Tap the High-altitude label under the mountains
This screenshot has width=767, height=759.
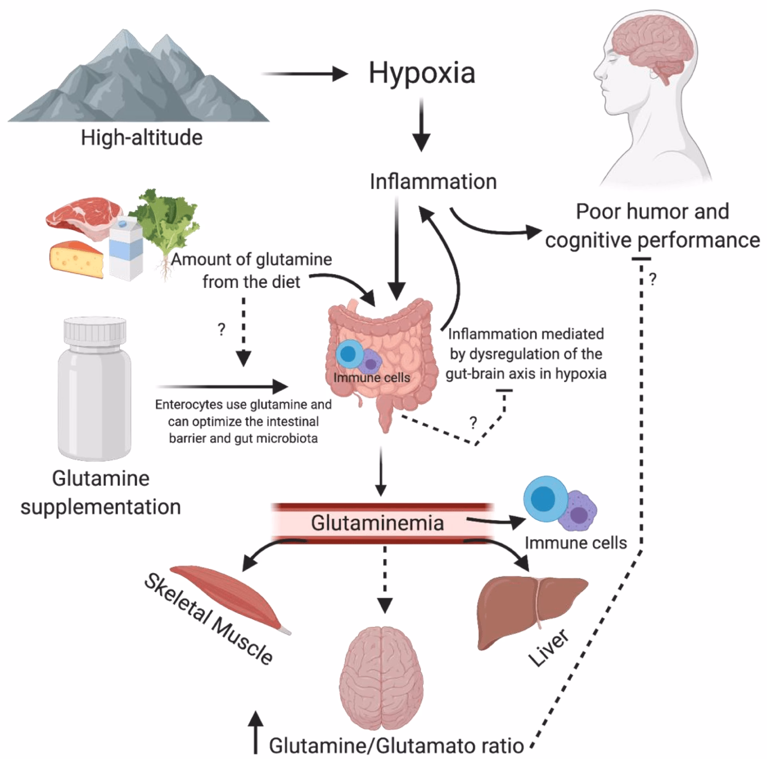point(142,138)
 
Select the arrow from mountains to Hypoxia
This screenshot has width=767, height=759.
point(304,74)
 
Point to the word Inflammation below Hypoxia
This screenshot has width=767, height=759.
point(433,182)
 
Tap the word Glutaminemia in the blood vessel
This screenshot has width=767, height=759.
point(377,523)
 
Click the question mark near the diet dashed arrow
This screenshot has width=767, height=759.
point(221,330)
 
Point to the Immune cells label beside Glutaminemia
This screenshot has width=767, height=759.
point(575,543)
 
